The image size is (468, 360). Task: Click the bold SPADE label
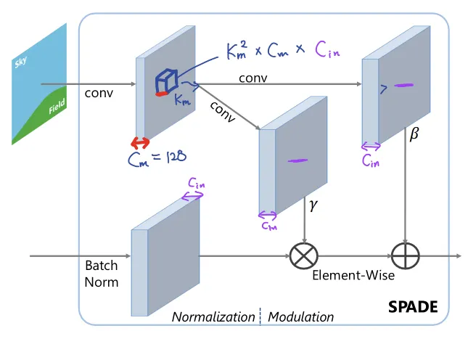(x=413, y=307)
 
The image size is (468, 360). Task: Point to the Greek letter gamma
(x=313, y=206)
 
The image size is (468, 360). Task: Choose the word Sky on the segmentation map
(x=21, y=65)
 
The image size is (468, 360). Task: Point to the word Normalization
(x=214, y=317)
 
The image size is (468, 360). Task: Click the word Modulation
(x=301, y=317)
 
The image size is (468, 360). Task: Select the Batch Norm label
(x=102, y=274)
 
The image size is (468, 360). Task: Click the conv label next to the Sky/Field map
(x=99, y=93)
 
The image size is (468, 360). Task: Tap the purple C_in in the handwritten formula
(x=329, y=49)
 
